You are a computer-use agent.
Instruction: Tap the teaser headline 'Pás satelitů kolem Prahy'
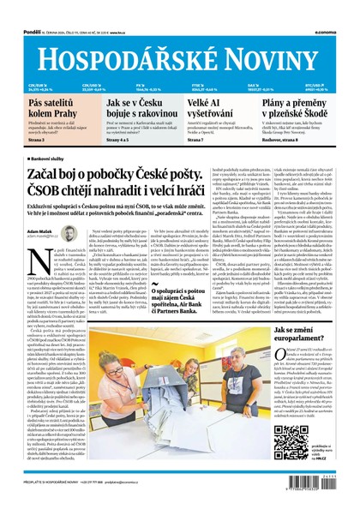(x=39, y=108)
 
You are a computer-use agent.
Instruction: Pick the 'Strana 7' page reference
(x=198, y=140)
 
